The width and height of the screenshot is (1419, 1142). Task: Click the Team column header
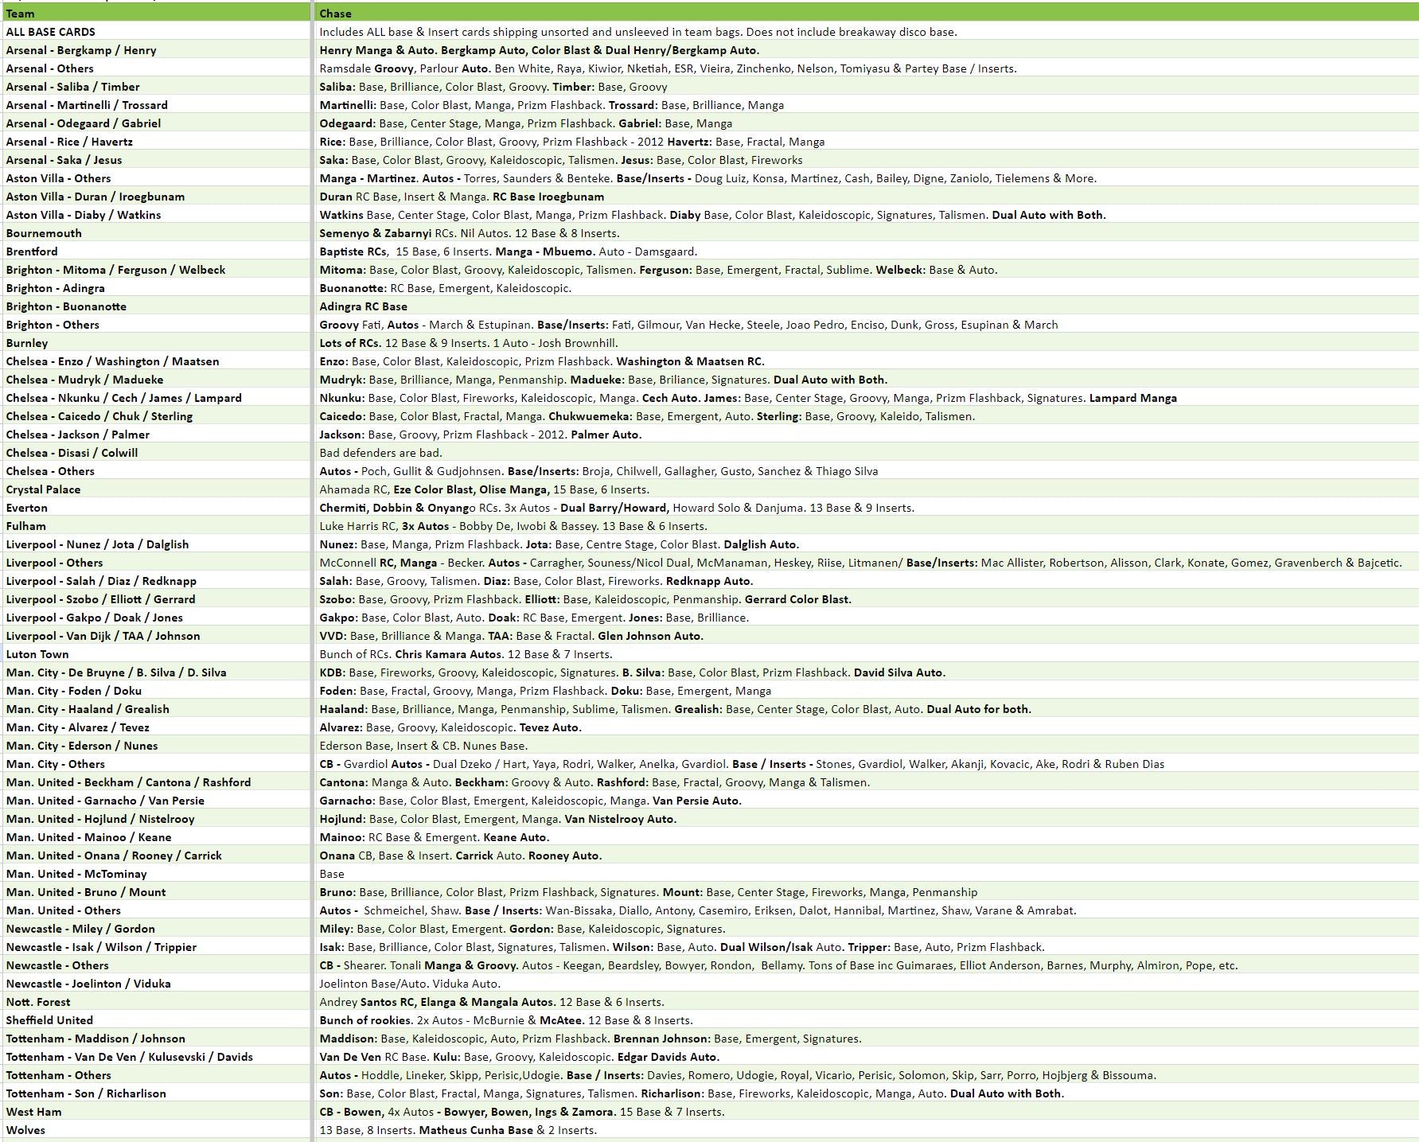point(20,14)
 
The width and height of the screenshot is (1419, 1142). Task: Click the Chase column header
point(335,14)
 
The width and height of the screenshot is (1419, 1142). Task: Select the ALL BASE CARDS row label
point(50,32)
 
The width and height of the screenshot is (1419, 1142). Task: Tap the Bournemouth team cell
point(44,233)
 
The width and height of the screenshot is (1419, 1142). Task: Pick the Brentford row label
point(32,251)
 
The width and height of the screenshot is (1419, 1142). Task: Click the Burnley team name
point(27,343)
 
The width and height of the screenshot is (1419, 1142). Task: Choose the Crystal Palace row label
point(43,489)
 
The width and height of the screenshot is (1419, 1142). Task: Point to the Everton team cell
point(27,508)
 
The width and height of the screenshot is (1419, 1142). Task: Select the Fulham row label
point(26,526)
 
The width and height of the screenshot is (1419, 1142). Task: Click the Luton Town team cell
point(37,654)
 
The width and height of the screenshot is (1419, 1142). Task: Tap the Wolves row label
point(25,1130)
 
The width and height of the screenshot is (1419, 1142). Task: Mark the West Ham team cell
point(33,1112)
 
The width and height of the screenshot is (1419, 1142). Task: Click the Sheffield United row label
point(49,1020)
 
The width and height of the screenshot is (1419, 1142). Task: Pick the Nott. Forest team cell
point(38,1002)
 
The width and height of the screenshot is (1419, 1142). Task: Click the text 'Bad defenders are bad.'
point(380,453)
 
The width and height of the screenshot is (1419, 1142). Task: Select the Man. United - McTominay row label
point(76,874)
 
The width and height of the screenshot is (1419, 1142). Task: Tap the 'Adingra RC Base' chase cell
point(363,306)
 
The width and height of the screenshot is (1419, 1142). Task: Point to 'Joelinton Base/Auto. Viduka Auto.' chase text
point(410,984)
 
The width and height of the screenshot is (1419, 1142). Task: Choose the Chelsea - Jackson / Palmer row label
point(78,435)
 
